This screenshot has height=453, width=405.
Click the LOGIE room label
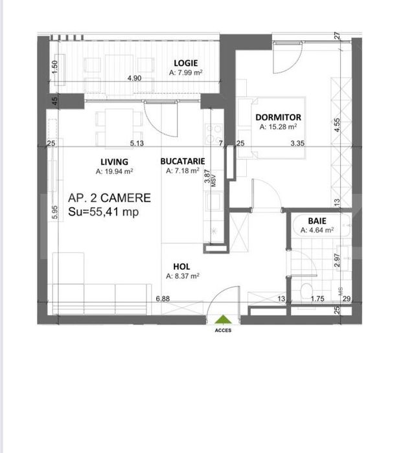pos(186,63)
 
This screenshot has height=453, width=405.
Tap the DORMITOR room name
pos(278,117)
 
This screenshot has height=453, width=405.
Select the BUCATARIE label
pos(183,161)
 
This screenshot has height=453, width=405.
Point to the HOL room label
pos(181,267)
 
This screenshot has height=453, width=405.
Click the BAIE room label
pos(317,221)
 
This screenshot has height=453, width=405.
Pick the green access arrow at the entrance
pos(223,320)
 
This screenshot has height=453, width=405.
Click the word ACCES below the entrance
pos(223,330)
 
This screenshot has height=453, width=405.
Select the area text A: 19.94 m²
pos(114,171)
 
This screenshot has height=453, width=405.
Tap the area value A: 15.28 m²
pos(278,127)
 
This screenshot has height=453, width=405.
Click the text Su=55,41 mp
pos(103,212)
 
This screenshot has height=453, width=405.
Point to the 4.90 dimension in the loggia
pos(135,78)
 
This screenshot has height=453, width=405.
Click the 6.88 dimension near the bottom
pos(163,298)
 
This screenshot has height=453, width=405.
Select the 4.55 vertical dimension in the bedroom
pos(338,125)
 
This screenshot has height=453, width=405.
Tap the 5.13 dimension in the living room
pos(137,143)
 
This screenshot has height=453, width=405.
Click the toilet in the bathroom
pos(307,291)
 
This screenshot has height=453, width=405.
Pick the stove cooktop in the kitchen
pos(214,134)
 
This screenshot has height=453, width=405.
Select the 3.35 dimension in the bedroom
pos(297,143)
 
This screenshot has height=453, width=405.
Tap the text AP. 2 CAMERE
pos(110,198)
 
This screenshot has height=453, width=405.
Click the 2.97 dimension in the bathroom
pos(337,261)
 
